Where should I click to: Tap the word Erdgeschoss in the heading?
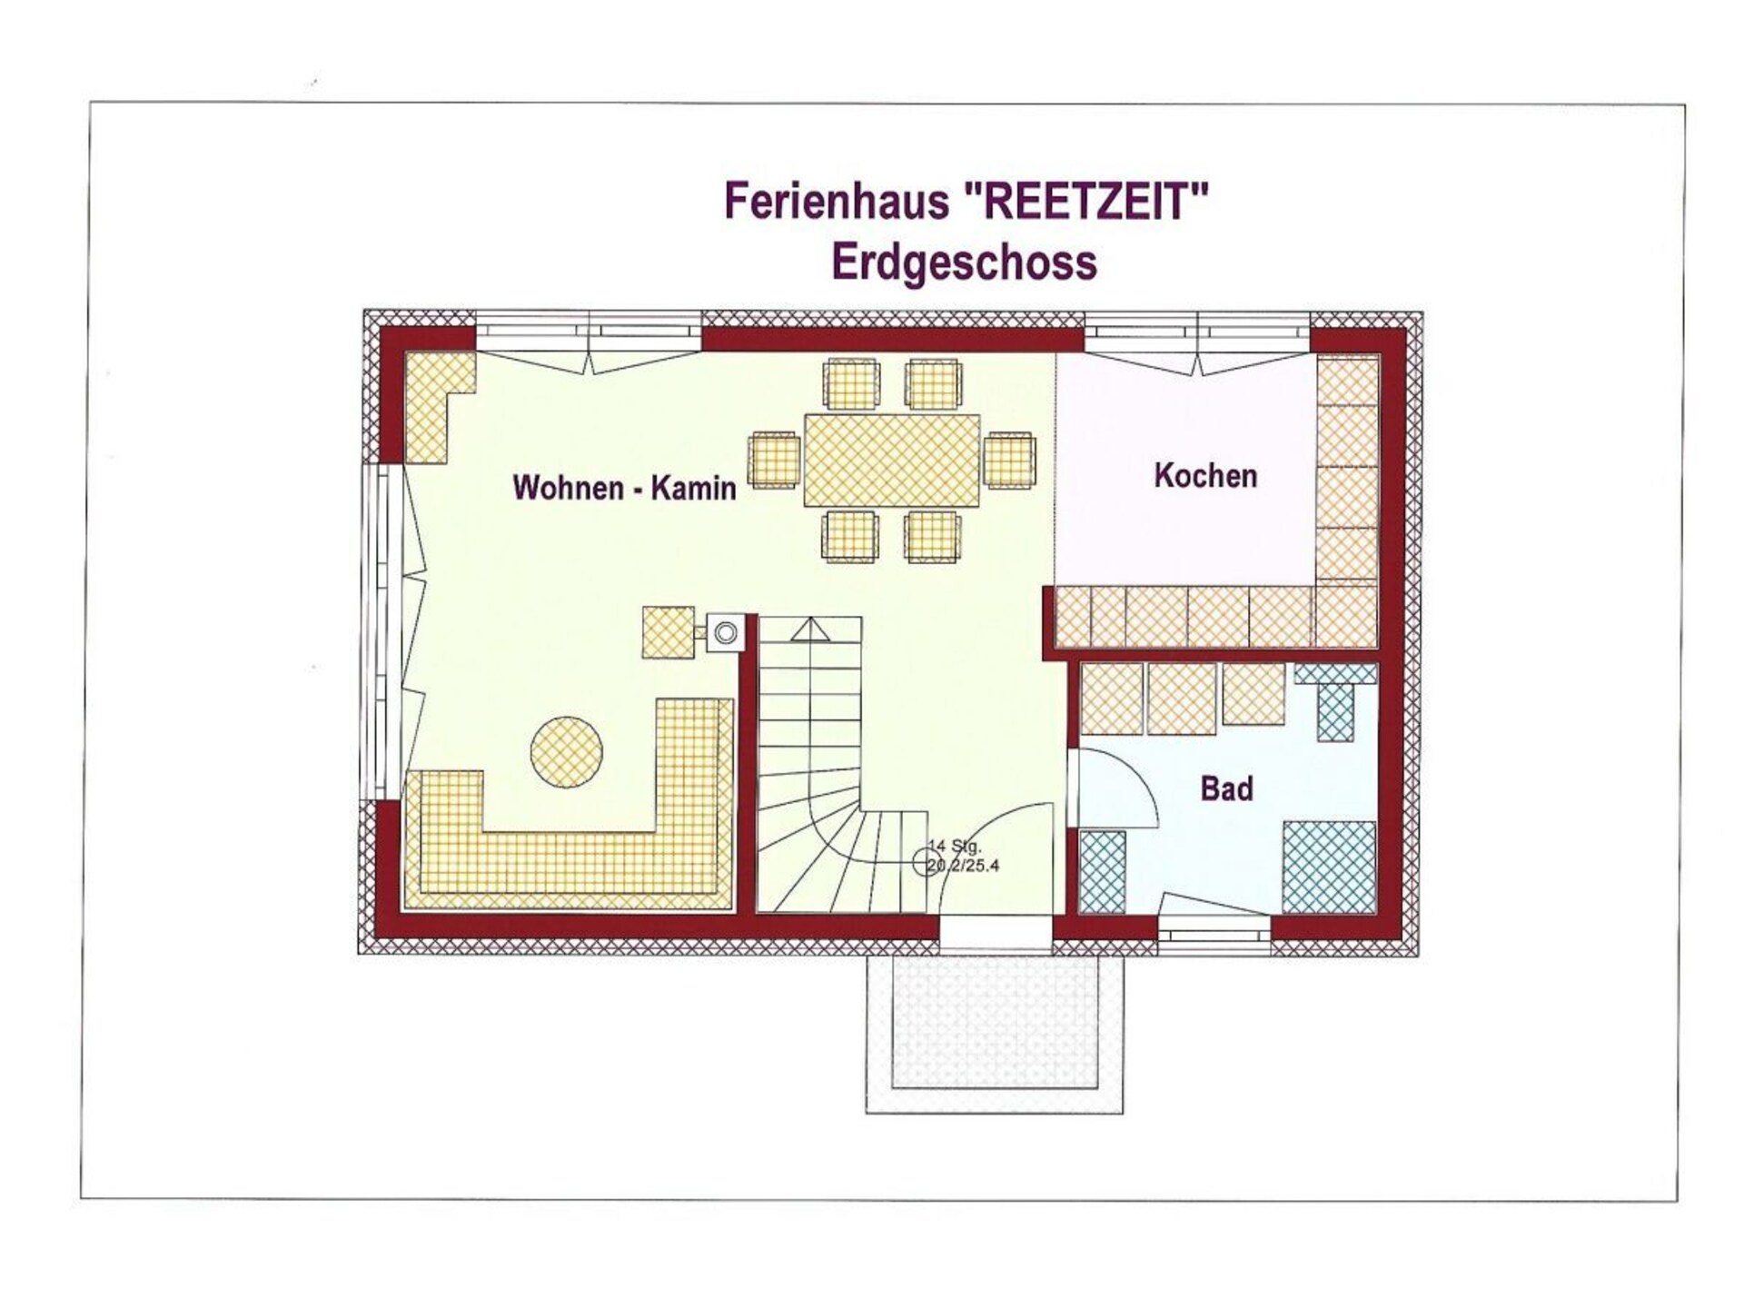tap(964, 263)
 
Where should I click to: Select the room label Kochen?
tap(1205, 476)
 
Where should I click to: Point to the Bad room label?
tap(1226, 788)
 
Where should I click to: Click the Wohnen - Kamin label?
tap(624, 488)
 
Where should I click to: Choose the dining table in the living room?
tap(892, 461)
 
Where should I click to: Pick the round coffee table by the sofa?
tap(566, 752)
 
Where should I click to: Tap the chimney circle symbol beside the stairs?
tap(725, 633)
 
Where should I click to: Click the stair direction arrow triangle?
tap(809, 629)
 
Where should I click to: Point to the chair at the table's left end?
tap(774, 461)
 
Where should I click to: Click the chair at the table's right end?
tap(1009, 461)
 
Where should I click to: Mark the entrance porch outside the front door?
tap(994, 1033)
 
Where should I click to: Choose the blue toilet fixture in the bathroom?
tap(1334, 700)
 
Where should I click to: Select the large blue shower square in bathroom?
tap(1329, 867)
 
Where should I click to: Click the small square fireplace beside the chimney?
tap(668, 632)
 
